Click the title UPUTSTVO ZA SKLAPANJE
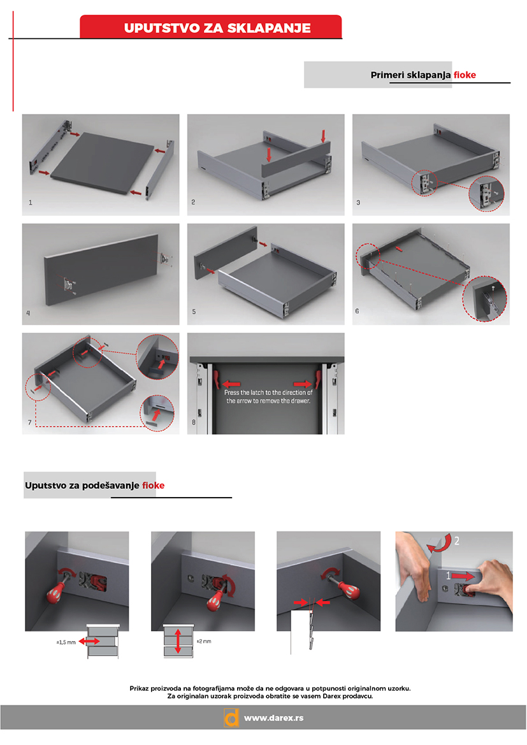[217, 28]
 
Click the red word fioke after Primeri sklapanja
[465, 75]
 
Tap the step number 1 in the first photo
[31, 203]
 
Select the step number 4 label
[28, 313]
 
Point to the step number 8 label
[194, 422]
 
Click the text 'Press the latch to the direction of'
[268, 393]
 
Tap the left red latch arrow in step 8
[231, 384]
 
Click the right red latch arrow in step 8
[303, 384]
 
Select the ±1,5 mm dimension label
[66, 642]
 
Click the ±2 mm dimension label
[204, 641]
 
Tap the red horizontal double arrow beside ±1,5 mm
[89, 641]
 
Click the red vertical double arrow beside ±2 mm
[178, 641]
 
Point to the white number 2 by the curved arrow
[457, 540]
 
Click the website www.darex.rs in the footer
[274, 718]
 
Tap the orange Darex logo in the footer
[231, 718]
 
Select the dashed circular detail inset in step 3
[486, 193]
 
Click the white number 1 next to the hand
[448, 575]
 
